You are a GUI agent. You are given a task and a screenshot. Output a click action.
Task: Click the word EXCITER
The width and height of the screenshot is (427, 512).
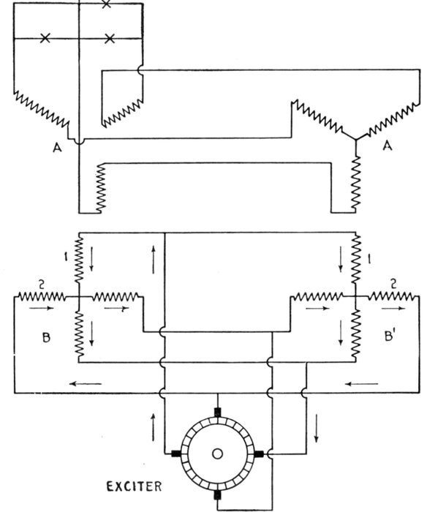(x=134, y=486)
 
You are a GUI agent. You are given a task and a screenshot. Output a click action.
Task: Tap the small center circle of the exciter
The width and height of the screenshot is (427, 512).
(x=217, y=453)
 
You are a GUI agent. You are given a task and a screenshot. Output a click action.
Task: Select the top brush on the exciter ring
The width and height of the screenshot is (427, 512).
(x=217, y=412)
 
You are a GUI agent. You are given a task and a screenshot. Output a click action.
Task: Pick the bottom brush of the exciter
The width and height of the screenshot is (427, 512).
(x=217, y=495)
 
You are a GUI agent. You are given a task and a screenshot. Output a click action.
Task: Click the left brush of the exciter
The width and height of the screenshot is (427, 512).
(x=176, y=453)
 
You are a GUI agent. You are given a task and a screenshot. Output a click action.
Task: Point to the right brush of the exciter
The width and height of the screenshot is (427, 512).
(x=259, y=453)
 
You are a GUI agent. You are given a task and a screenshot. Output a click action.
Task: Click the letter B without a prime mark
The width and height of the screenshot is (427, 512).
(x=46, y=337)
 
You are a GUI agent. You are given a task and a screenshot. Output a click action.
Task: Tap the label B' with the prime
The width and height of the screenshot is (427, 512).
(x=390, y=336)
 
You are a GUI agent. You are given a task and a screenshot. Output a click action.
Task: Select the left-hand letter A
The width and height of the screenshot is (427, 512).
(x=57, y=148)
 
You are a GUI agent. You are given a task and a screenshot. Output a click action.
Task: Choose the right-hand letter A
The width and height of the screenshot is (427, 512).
(x=388, y=146)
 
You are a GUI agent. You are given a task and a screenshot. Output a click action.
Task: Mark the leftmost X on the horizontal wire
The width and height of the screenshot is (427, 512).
(x=45, y=38)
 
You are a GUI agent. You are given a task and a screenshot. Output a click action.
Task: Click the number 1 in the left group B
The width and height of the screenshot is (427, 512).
(x=67, y=257)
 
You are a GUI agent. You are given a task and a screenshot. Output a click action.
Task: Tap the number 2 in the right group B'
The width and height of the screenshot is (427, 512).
(x=393, y=284)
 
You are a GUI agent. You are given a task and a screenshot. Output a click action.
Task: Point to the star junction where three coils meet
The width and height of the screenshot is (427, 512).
(x=356, y=140)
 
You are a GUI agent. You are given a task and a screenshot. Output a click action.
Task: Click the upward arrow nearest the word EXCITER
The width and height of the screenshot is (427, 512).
(x=153, y=427)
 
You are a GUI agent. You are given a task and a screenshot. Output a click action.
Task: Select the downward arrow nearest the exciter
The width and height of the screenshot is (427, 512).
(x=316, y=428)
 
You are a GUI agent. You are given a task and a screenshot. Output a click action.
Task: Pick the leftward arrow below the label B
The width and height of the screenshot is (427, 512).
(x=86, y=384)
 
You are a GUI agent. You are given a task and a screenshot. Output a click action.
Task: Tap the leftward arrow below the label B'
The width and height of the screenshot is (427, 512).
(x=362, y=384)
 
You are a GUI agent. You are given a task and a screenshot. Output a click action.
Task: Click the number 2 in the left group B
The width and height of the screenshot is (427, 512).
(x=42, y=285)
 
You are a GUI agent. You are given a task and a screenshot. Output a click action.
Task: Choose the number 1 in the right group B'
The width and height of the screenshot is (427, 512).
(x=369, y=259)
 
